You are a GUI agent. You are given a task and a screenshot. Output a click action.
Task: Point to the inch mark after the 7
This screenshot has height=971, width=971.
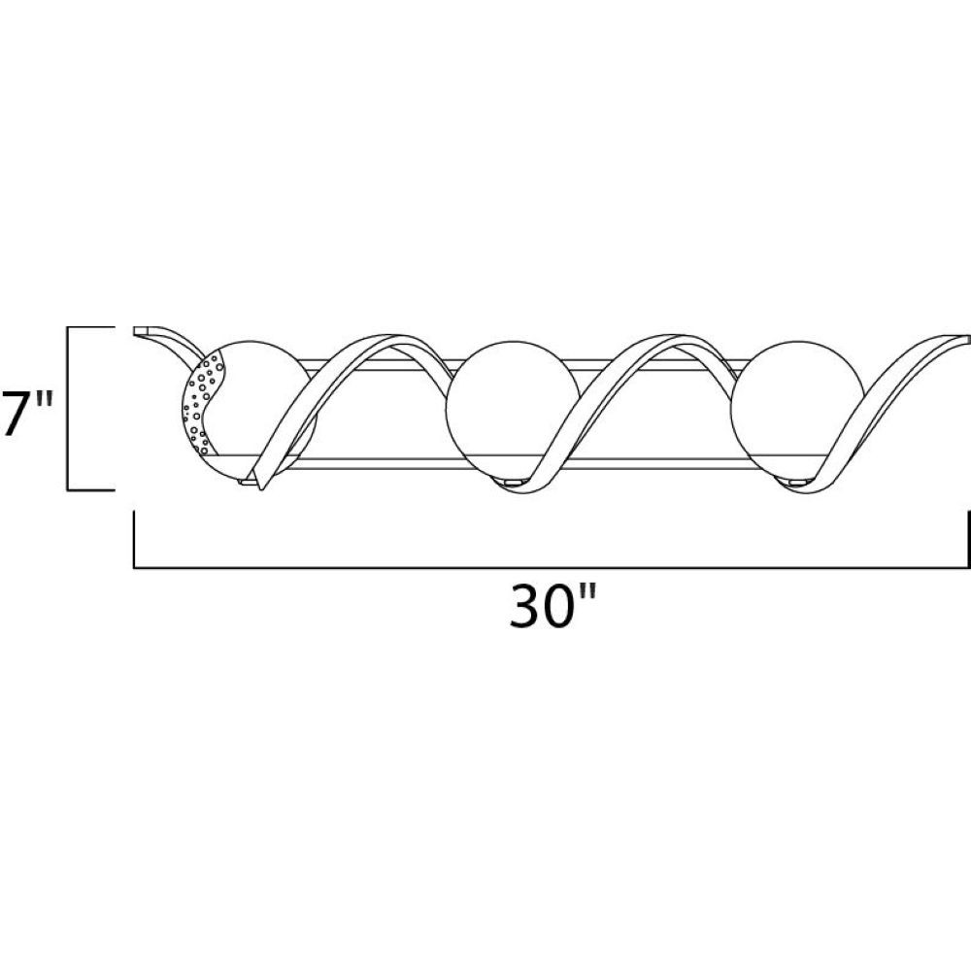pyautogui.click(x=45, y=399)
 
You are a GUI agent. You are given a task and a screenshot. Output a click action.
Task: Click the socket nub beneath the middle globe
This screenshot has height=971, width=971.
pyautogui.click(x=514, y=482)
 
